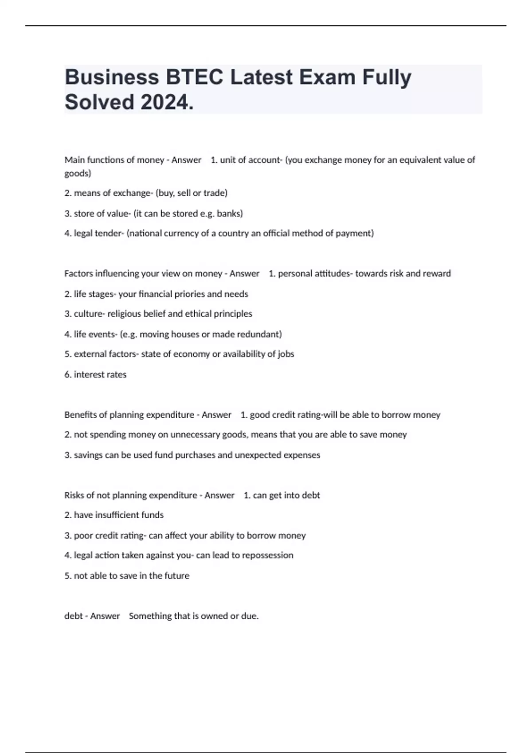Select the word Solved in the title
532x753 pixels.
coord(99,102)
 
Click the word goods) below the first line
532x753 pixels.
coord(78,173)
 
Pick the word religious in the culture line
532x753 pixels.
coord(125,314)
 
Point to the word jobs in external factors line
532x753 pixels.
coord(286,354)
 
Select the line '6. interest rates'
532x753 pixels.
coord(95,375)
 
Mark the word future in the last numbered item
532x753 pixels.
coord(177,576)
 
